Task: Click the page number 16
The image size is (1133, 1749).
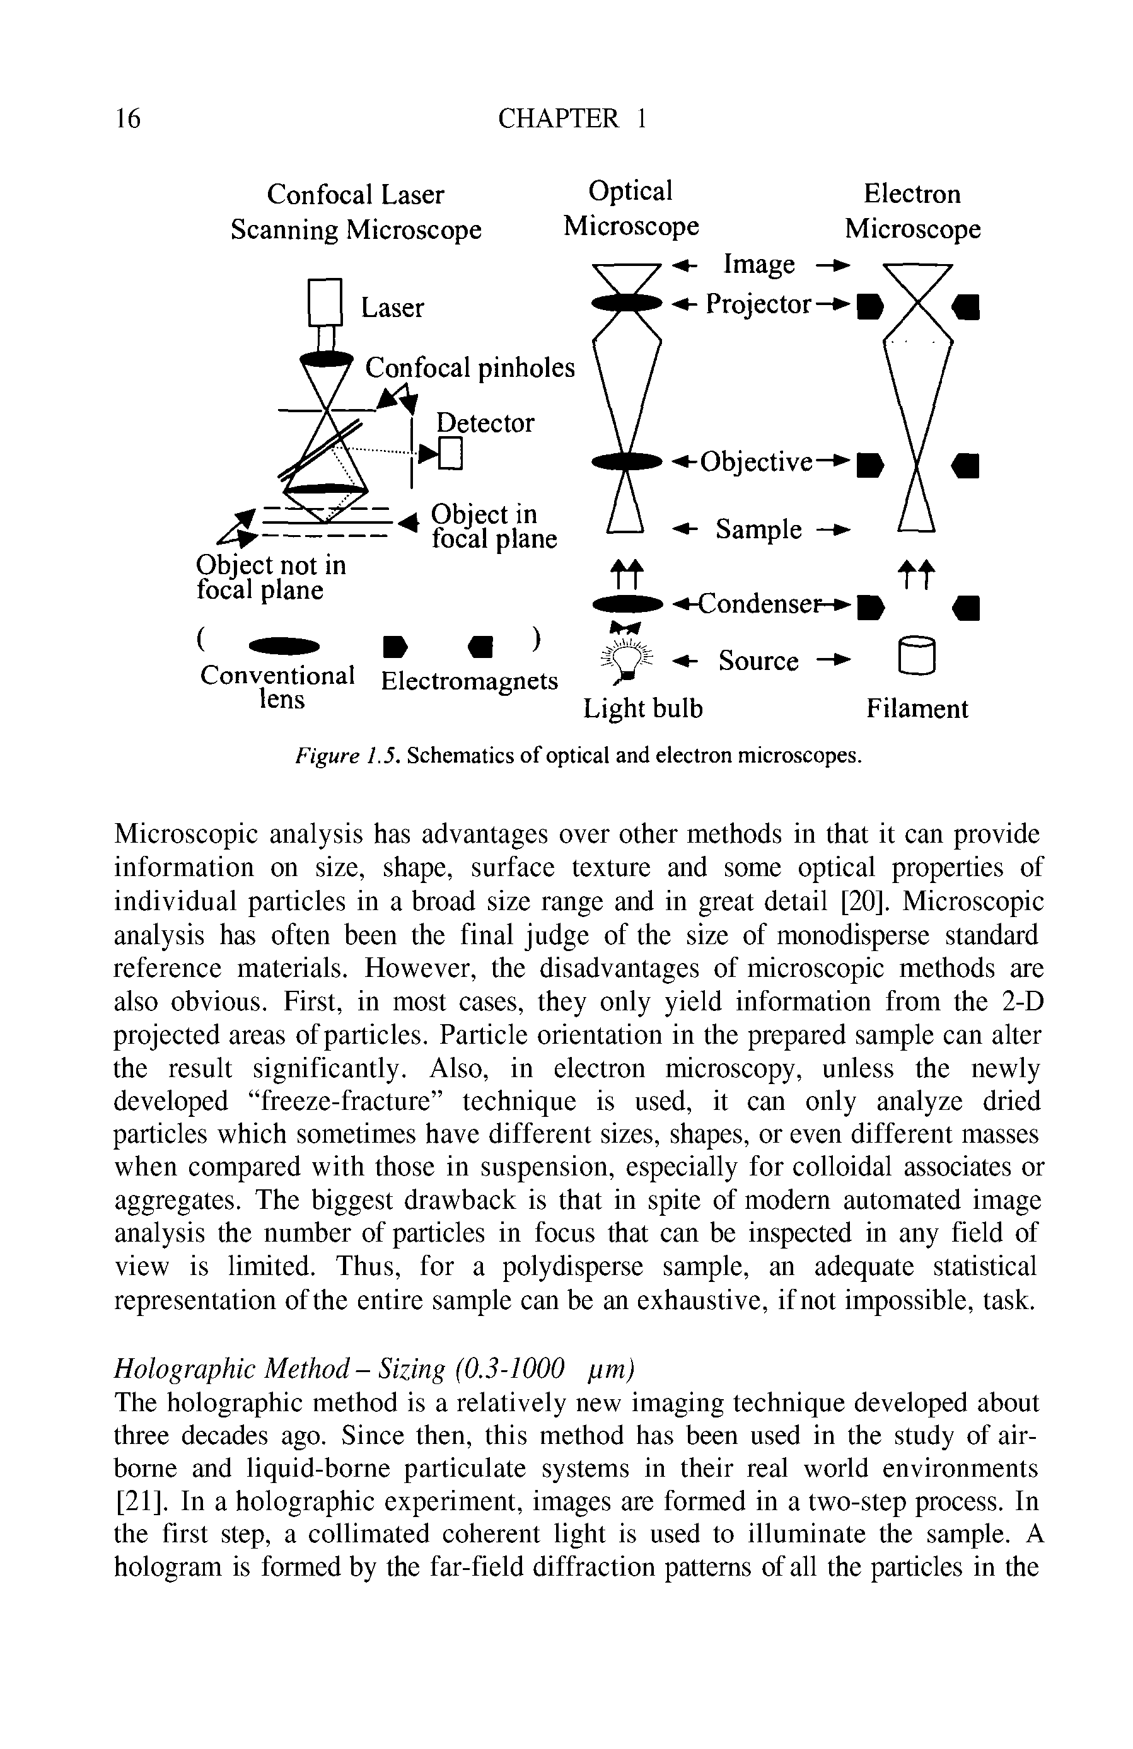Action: click(x=127, y=118)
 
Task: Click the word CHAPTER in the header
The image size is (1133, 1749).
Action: click(x=558, y=118)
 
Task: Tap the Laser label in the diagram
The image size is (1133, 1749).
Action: click(x=392, y=308)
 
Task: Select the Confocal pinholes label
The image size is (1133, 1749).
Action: click(x=469, y=367)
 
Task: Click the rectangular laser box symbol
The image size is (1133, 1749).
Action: click(x=325, y=302)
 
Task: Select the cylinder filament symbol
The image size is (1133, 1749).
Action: click(x=916, y=655)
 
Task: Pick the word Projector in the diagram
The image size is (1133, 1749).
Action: click(x=758, y=304)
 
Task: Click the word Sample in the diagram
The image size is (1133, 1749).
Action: click(x=758, y=529)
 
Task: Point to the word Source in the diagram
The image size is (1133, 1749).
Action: click(x=758, y=661)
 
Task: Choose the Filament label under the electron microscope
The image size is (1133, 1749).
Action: click(x=916, y=709)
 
